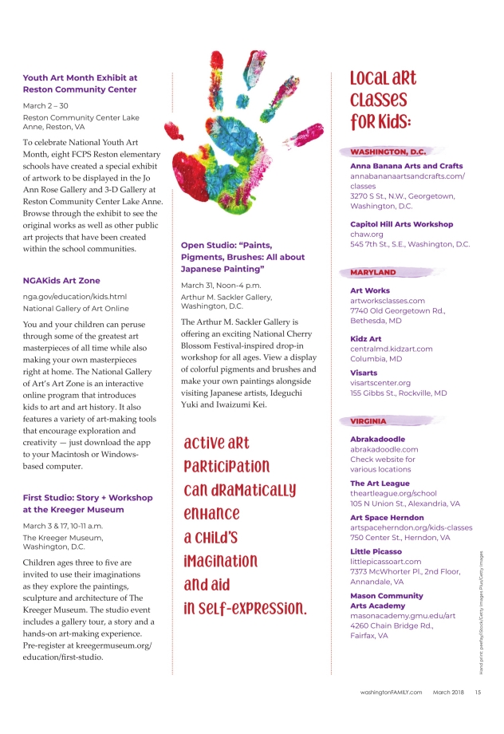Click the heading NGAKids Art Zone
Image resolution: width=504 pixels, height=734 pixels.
coord(61,281)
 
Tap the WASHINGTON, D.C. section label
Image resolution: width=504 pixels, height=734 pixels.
coord(388,152)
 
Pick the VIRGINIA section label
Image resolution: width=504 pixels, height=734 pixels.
coord(368,420)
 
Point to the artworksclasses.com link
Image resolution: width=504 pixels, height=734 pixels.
coord(388,301)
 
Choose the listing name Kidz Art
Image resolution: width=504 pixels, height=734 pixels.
coord(366,339)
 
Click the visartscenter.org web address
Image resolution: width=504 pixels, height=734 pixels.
coord(380,383)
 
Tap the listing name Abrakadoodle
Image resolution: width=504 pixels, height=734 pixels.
coord(378,439)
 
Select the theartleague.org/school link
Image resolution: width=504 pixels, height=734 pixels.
coord(393,494)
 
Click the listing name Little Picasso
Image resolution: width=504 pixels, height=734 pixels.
coord(376,551)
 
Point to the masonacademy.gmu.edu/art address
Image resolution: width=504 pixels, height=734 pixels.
coord(403,616)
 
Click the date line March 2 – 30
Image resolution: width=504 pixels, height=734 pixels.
coord(46,105)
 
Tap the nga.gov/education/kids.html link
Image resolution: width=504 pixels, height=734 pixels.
coord(75,296)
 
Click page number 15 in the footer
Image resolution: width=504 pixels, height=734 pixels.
coord(478,693)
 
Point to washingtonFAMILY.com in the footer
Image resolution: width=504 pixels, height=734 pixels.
coord(390,693)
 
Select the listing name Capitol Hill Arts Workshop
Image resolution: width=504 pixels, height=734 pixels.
coord(401,224)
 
